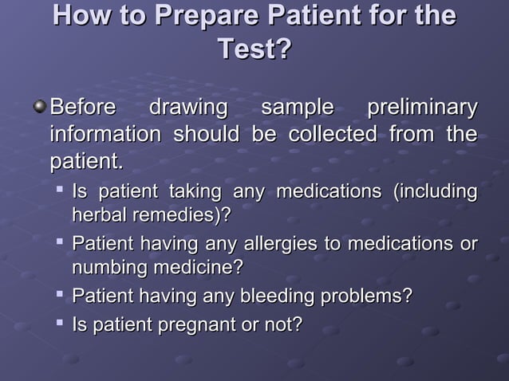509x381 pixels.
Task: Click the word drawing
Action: tap(188, 108)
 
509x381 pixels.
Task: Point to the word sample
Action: tap(297, 108)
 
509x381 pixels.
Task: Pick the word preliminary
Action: tap(421, 108)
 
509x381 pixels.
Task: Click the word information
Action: tap(105, 135)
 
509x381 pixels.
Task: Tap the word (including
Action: tap(435, 192)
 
